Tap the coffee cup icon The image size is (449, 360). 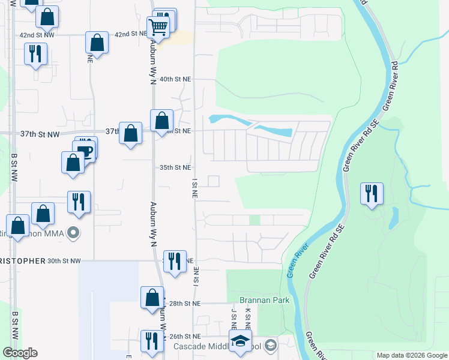pos(86,150)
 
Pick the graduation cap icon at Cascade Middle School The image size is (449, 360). pos(240,341)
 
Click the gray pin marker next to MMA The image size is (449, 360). pos(73,232)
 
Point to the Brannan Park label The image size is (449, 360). pos(265,300)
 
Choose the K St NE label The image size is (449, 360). pos(247,317)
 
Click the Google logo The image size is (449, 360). pos(20,353)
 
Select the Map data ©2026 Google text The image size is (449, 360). pos(411,355)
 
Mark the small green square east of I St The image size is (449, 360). pos(255,220)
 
